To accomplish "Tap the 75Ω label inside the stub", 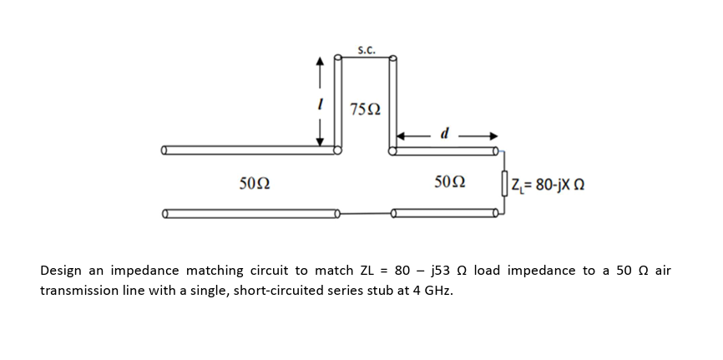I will pyautogui.click(x=366, y=109).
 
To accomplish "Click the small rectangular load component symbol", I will pyautogui.click(x=503, y=183).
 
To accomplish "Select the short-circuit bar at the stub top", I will pyautogui.click(x=366, y=57).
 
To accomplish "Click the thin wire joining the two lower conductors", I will pyautogui.click(x=366, y=215).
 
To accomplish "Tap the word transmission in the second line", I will pyautogui.click(x=79, y=292).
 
